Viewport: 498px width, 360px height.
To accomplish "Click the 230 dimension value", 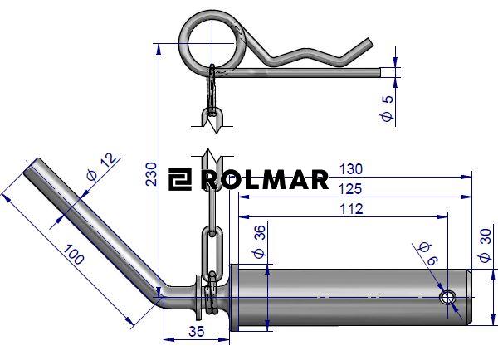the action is click(152, 173).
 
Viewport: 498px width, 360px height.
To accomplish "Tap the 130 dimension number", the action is click(351, 169).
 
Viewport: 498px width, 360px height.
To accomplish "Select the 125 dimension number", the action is click(350, 189).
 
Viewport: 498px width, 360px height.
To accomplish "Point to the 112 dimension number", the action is click(351, 209).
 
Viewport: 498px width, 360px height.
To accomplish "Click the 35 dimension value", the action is click(197, 332).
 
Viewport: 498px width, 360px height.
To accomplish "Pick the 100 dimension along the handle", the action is click(74, 255).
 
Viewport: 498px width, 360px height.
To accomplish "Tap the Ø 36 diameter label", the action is click(259, 242).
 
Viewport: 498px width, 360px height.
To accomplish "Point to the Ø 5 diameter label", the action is click(387, 109).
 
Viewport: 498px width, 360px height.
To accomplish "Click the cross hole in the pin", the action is click(447, 298).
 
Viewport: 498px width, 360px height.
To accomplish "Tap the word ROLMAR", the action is click(265, 180).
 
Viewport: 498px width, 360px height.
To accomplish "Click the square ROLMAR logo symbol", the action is click(180, 180).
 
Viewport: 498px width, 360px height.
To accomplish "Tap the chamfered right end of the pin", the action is click(470, 297).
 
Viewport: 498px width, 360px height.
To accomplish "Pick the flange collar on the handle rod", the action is click(199, 297).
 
